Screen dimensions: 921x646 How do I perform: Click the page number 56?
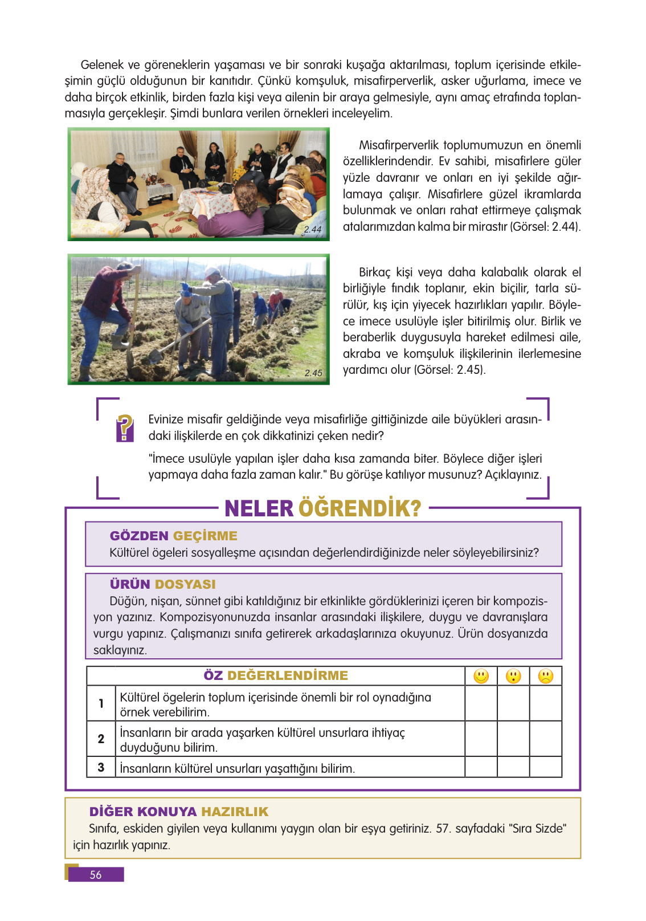click(x=96, y=874)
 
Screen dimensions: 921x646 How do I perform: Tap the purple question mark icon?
click(x=125, y=427)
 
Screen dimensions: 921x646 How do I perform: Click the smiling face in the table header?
click(x=481, y=676)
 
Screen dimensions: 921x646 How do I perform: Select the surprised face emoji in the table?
click(x=513, y=676)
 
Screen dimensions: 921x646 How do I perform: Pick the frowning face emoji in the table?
click(x=546, y=676)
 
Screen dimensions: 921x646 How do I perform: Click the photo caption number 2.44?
click(x=313, y=229)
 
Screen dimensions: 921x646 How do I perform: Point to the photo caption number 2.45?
click(x=313, y=373)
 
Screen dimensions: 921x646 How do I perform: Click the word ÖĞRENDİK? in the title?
click(x=360, y=508)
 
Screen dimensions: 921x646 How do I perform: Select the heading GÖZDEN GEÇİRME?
click(x=174, y=536)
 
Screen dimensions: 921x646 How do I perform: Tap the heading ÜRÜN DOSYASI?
click(x=163, y=584)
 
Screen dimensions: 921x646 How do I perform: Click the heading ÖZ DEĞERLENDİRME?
click(x=276, y=675)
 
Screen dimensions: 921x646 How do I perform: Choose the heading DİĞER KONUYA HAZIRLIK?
click(x=179, y=812)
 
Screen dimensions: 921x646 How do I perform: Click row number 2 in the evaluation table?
click(x=101, y=739)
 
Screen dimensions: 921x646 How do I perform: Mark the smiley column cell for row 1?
click(x=481, y=703)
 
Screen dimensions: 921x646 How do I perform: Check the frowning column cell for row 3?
click(x=546, y=767)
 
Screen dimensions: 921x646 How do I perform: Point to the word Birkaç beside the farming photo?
click(x=375, y=272)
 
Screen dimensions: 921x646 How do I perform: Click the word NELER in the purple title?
click(x=259, y=508)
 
